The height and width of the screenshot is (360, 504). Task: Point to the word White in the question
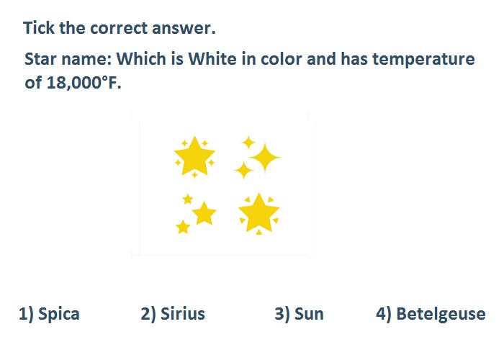pos(212,59)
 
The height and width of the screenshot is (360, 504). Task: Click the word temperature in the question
pos(423,60)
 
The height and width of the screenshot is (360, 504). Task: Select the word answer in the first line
pos(184,28)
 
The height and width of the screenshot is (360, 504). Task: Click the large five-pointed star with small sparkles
pos(194,157)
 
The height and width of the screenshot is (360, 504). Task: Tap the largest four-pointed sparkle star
pos(265,158)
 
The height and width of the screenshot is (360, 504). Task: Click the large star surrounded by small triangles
pos(258,213)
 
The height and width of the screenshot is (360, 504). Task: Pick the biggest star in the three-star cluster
pos(204,213)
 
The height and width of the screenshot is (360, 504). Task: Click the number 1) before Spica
pos(26,314)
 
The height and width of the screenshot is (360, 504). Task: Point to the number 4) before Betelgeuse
pos(384,314)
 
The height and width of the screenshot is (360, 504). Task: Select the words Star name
pos(68,59)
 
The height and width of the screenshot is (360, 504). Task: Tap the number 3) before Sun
pos(282,314)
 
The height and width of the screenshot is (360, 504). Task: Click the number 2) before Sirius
pos(148,314)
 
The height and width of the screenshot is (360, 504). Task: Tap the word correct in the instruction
pos(119,28)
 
